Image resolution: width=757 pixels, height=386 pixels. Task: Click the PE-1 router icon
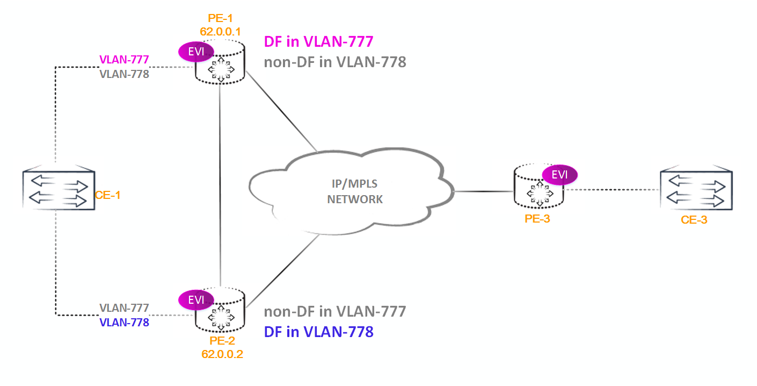pyautogui.click(x=220, y=65)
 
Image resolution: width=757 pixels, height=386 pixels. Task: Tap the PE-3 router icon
pyautogui.click(x=539, y=188)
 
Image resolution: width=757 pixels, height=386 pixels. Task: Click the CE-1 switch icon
pyautogui.click(x=59, y=190)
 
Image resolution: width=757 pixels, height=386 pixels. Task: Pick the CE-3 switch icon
pyautogui.click(x=696, y=190)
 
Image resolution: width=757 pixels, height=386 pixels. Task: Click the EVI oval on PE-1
pyautogui.click(x=195, y=52)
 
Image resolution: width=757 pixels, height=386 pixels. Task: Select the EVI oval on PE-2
pyautogui.click(x=195, y=299)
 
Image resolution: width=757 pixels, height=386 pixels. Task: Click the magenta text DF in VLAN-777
pyautogui.click(x=318, y=41)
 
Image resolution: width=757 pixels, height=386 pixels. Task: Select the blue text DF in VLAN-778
pyautogui.click(x=318, y=332)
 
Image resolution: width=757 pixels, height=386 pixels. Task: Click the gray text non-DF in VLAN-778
pyautogui.click(x=334, y=62)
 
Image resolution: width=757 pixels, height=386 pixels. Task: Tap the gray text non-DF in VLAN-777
pyautogui.click(x=334, y=311)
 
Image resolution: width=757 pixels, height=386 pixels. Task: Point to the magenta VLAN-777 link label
pyautogui.click(x=124, y=59)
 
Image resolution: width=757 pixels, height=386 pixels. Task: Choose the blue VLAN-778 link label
pyautogui.click(x=124, y=323)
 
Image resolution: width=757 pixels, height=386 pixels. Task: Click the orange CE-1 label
pyautogui.click(x=107, y=195)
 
